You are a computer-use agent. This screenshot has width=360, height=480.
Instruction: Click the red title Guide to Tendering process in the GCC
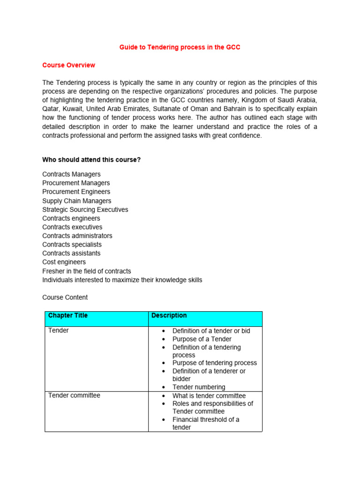pyautogui.click(x=180, y=47)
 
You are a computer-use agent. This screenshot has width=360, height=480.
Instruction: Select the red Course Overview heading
pyautogui.click(x=68, y=65)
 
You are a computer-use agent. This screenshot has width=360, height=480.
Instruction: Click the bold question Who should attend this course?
pyautogui.click(x=91, y=160)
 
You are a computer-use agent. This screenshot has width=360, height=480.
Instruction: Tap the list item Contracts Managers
pyautogui.click(x=71, y=174)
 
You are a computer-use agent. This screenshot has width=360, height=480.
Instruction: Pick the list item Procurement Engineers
pyautogui.click(x=76, y=192)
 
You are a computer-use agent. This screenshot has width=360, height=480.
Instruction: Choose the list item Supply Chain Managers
pyautogui.click(x=77, y=201)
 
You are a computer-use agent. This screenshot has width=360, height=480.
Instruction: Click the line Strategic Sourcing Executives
pyautogui.click(x=85, y=210)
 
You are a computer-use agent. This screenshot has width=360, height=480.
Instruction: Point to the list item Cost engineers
pyautogui.click(x=64, y=262)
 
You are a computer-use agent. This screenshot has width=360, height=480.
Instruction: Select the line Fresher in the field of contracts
pyautogui.click(x=87, y=271)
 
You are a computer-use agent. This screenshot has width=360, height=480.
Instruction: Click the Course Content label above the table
pyautogui.click(x=65, y=297)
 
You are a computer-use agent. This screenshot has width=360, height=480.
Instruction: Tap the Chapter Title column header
pyautogui.click(x=68, y=315)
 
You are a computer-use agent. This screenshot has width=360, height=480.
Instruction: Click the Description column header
pyautogui.click(x=169, y=315)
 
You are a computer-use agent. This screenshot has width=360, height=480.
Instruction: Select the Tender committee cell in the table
pyautogui.click(x=74, y=395)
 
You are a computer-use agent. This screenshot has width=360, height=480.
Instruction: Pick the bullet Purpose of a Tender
pyautogui.click(x=202, y=339)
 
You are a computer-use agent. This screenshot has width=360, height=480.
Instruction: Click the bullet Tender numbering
pyautogui.click(x=199, y=387)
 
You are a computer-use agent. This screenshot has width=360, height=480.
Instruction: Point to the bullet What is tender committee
pyautogui.click(x=209, y=396)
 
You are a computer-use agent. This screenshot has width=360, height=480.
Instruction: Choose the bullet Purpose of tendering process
pyautogui.click(x=214, y=363)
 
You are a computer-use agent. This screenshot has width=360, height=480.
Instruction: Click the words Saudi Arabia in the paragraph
pyautogui.click(x=298, y=100)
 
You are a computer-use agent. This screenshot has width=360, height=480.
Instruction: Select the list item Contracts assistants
pyautogui.click(x=71, y=253)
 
